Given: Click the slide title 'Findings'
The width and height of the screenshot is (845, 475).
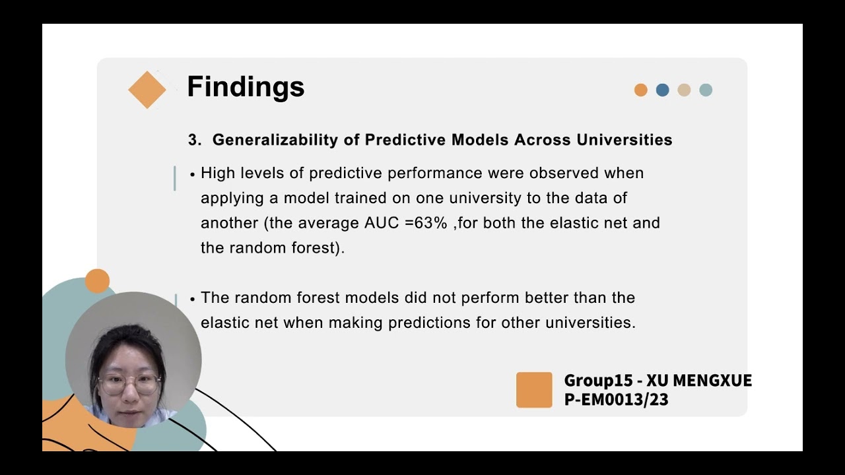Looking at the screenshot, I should tap(246, 87).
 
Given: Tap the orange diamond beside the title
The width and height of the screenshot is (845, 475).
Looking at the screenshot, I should tap(147, 90).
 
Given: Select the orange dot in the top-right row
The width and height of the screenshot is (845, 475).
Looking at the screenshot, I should tap(640, 90).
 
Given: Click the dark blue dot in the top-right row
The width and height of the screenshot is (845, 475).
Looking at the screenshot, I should tap(662, 90).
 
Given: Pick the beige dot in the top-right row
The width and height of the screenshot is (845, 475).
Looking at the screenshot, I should tap(684, 90).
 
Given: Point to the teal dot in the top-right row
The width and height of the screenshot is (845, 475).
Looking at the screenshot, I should tap(706, 90).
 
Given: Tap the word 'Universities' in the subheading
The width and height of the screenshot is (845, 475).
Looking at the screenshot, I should tap(624, 140).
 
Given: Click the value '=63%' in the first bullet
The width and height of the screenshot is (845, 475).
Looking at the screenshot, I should tap(426, 223).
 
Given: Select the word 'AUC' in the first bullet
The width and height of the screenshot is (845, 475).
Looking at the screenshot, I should tap(381, 223).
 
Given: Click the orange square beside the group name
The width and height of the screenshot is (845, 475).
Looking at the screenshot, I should tap(534, 390).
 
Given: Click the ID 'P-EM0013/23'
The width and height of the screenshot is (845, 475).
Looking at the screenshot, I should tap(616, 399).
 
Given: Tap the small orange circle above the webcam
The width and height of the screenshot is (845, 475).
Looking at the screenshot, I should tap(97, 281).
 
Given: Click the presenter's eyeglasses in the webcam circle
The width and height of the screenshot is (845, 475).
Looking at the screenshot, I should tap(129, 383).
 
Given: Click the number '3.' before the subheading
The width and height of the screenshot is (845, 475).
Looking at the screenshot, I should tap(195, 140).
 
